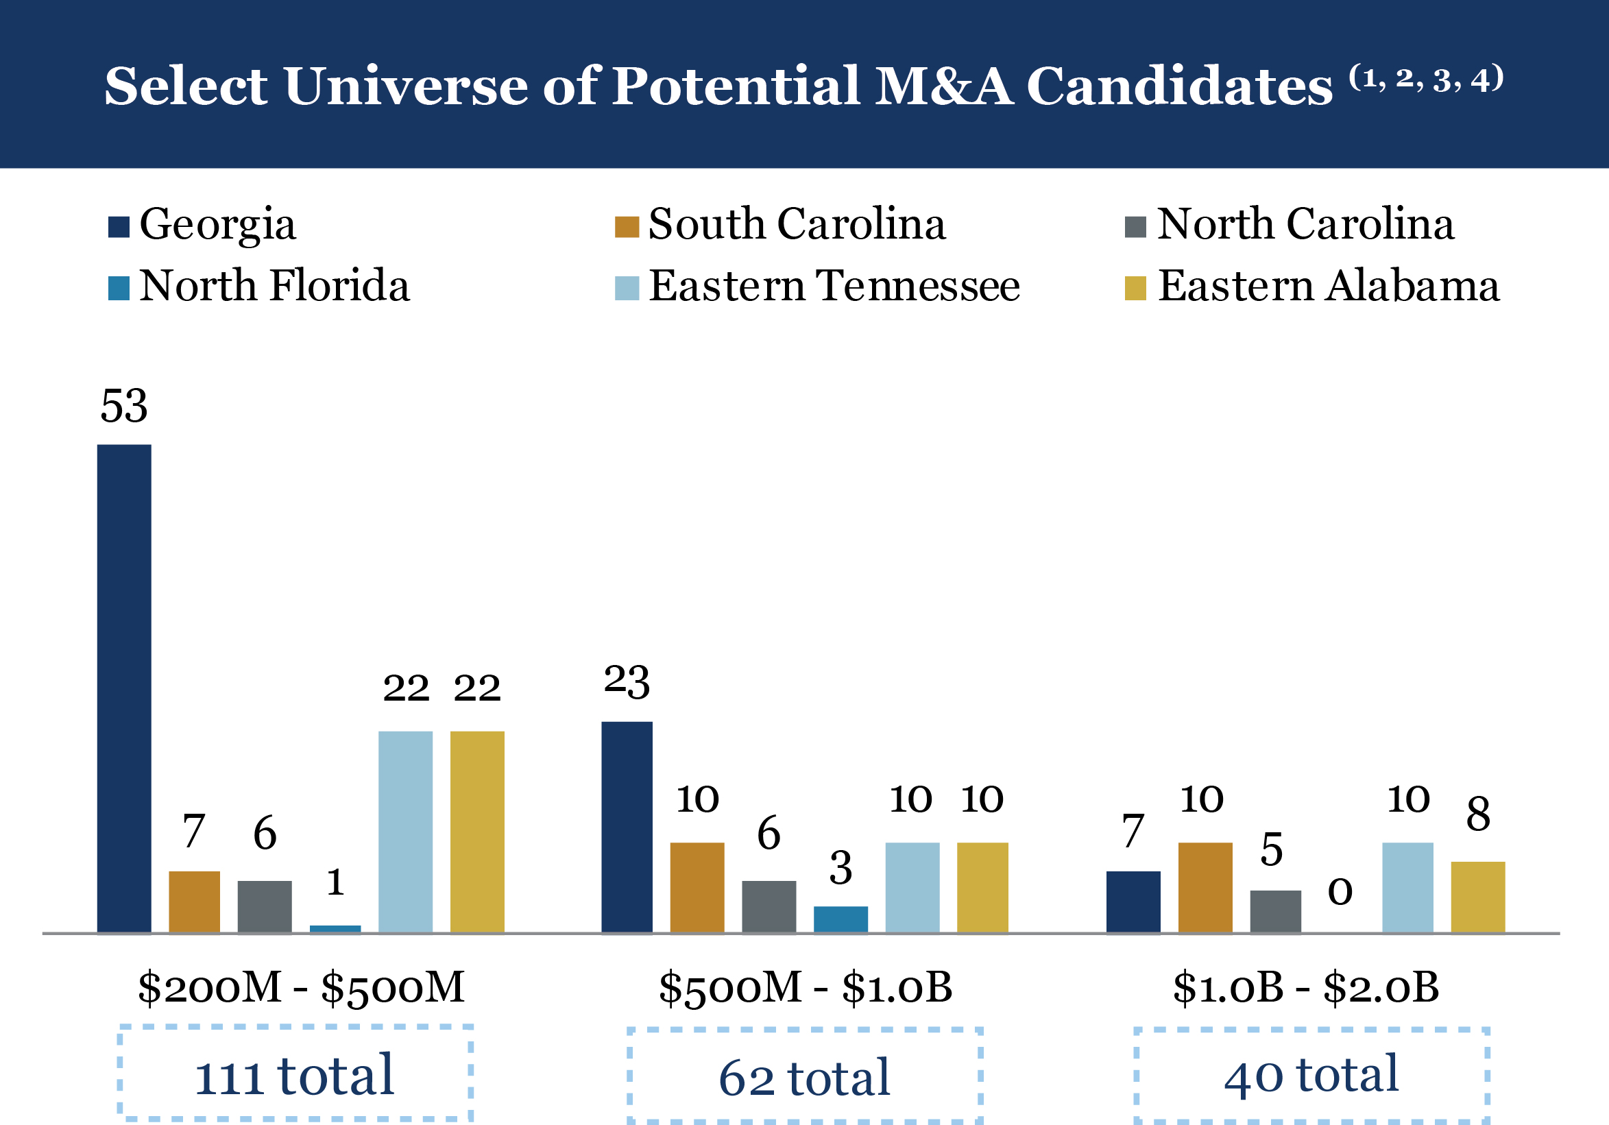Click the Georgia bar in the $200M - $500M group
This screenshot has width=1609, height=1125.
(x=124, y=688)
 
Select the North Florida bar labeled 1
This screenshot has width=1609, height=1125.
(x=335, y=929)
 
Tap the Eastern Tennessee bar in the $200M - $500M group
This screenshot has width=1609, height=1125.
(x=405, y=832)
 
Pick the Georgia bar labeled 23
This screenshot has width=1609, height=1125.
(x=627, y=827)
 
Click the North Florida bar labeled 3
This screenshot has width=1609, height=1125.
(x=840, y=919)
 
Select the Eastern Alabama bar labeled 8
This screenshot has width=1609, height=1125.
(x=1477, y=897)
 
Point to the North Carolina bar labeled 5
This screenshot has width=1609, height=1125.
(x=1275, y=911)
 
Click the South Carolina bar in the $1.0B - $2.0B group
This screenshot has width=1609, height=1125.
(x=1205, y=887)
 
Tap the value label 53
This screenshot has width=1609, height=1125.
(x=124, y=406)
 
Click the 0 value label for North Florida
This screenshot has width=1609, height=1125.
(x=1340, y=891)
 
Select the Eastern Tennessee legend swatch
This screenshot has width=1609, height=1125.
(x=627, y=287)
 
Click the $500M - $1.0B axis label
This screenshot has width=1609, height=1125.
(x=806, y=987)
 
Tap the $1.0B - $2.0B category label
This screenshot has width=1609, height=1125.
(x=1305, y=987)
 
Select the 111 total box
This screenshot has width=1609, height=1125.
(x=295, y=1073)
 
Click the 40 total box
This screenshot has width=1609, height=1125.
(x=1311, y=1074)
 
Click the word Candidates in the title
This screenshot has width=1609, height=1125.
(x=1179, y=86)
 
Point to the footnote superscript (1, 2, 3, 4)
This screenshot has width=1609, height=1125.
(x=1426, y=79)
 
